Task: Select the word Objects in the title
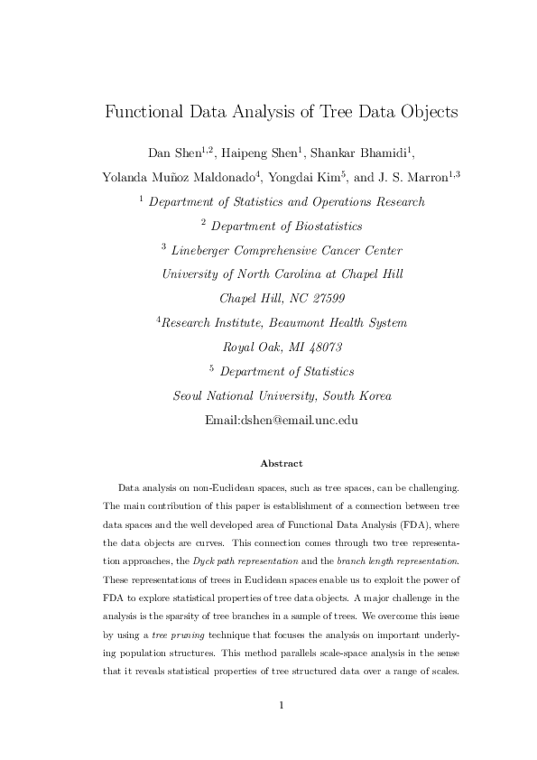coord(426,113)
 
